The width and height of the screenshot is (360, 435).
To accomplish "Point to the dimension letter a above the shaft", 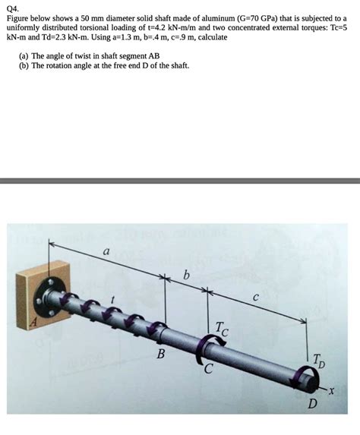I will tap(106, 251).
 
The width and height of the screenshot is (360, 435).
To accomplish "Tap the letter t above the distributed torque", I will tap(112, 301).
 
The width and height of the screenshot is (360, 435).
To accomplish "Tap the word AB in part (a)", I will tap(153, 55).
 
